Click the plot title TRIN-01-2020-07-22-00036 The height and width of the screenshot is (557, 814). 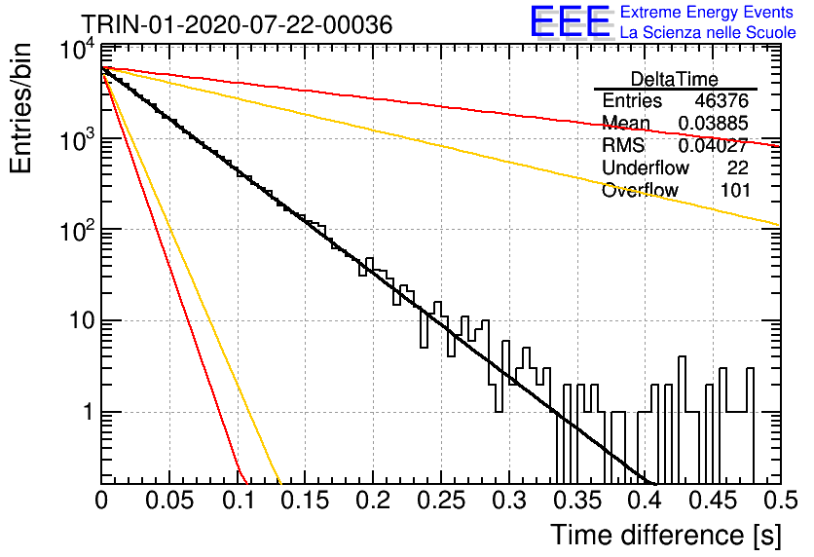point(237,24)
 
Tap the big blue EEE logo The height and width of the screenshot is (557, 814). point(570,21)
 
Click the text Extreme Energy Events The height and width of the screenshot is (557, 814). point(707,12)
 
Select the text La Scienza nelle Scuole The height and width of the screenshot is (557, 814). point(708,32)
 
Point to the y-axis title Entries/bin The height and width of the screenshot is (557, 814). point(20,108)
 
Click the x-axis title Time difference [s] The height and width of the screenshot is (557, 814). point(666,535)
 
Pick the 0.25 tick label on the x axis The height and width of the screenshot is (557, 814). point(441,501)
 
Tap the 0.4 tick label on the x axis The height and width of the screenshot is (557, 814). point(646,501)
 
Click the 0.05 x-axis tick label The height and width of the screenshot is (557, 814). point(169,501)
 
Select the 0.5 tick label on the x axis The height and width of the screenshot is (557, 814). point(780,501)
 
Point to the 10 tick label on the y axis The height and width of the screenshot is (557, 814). point(83,320)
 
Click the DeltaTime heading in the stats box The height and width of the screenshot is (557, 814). point(675,79)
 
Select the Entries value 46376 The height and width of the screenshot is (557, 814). point(721,100)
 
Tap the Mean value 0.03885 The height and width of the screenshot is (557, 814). point(714,123)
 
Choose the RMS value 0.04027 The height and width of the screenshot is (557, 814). point(714,145)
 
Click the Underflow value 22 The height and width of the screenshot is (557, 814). point(737,167)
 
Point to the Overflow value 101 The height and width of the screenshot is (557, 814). point(735,190)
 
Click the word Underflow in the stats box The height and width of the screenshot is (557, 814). point(646,167)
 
